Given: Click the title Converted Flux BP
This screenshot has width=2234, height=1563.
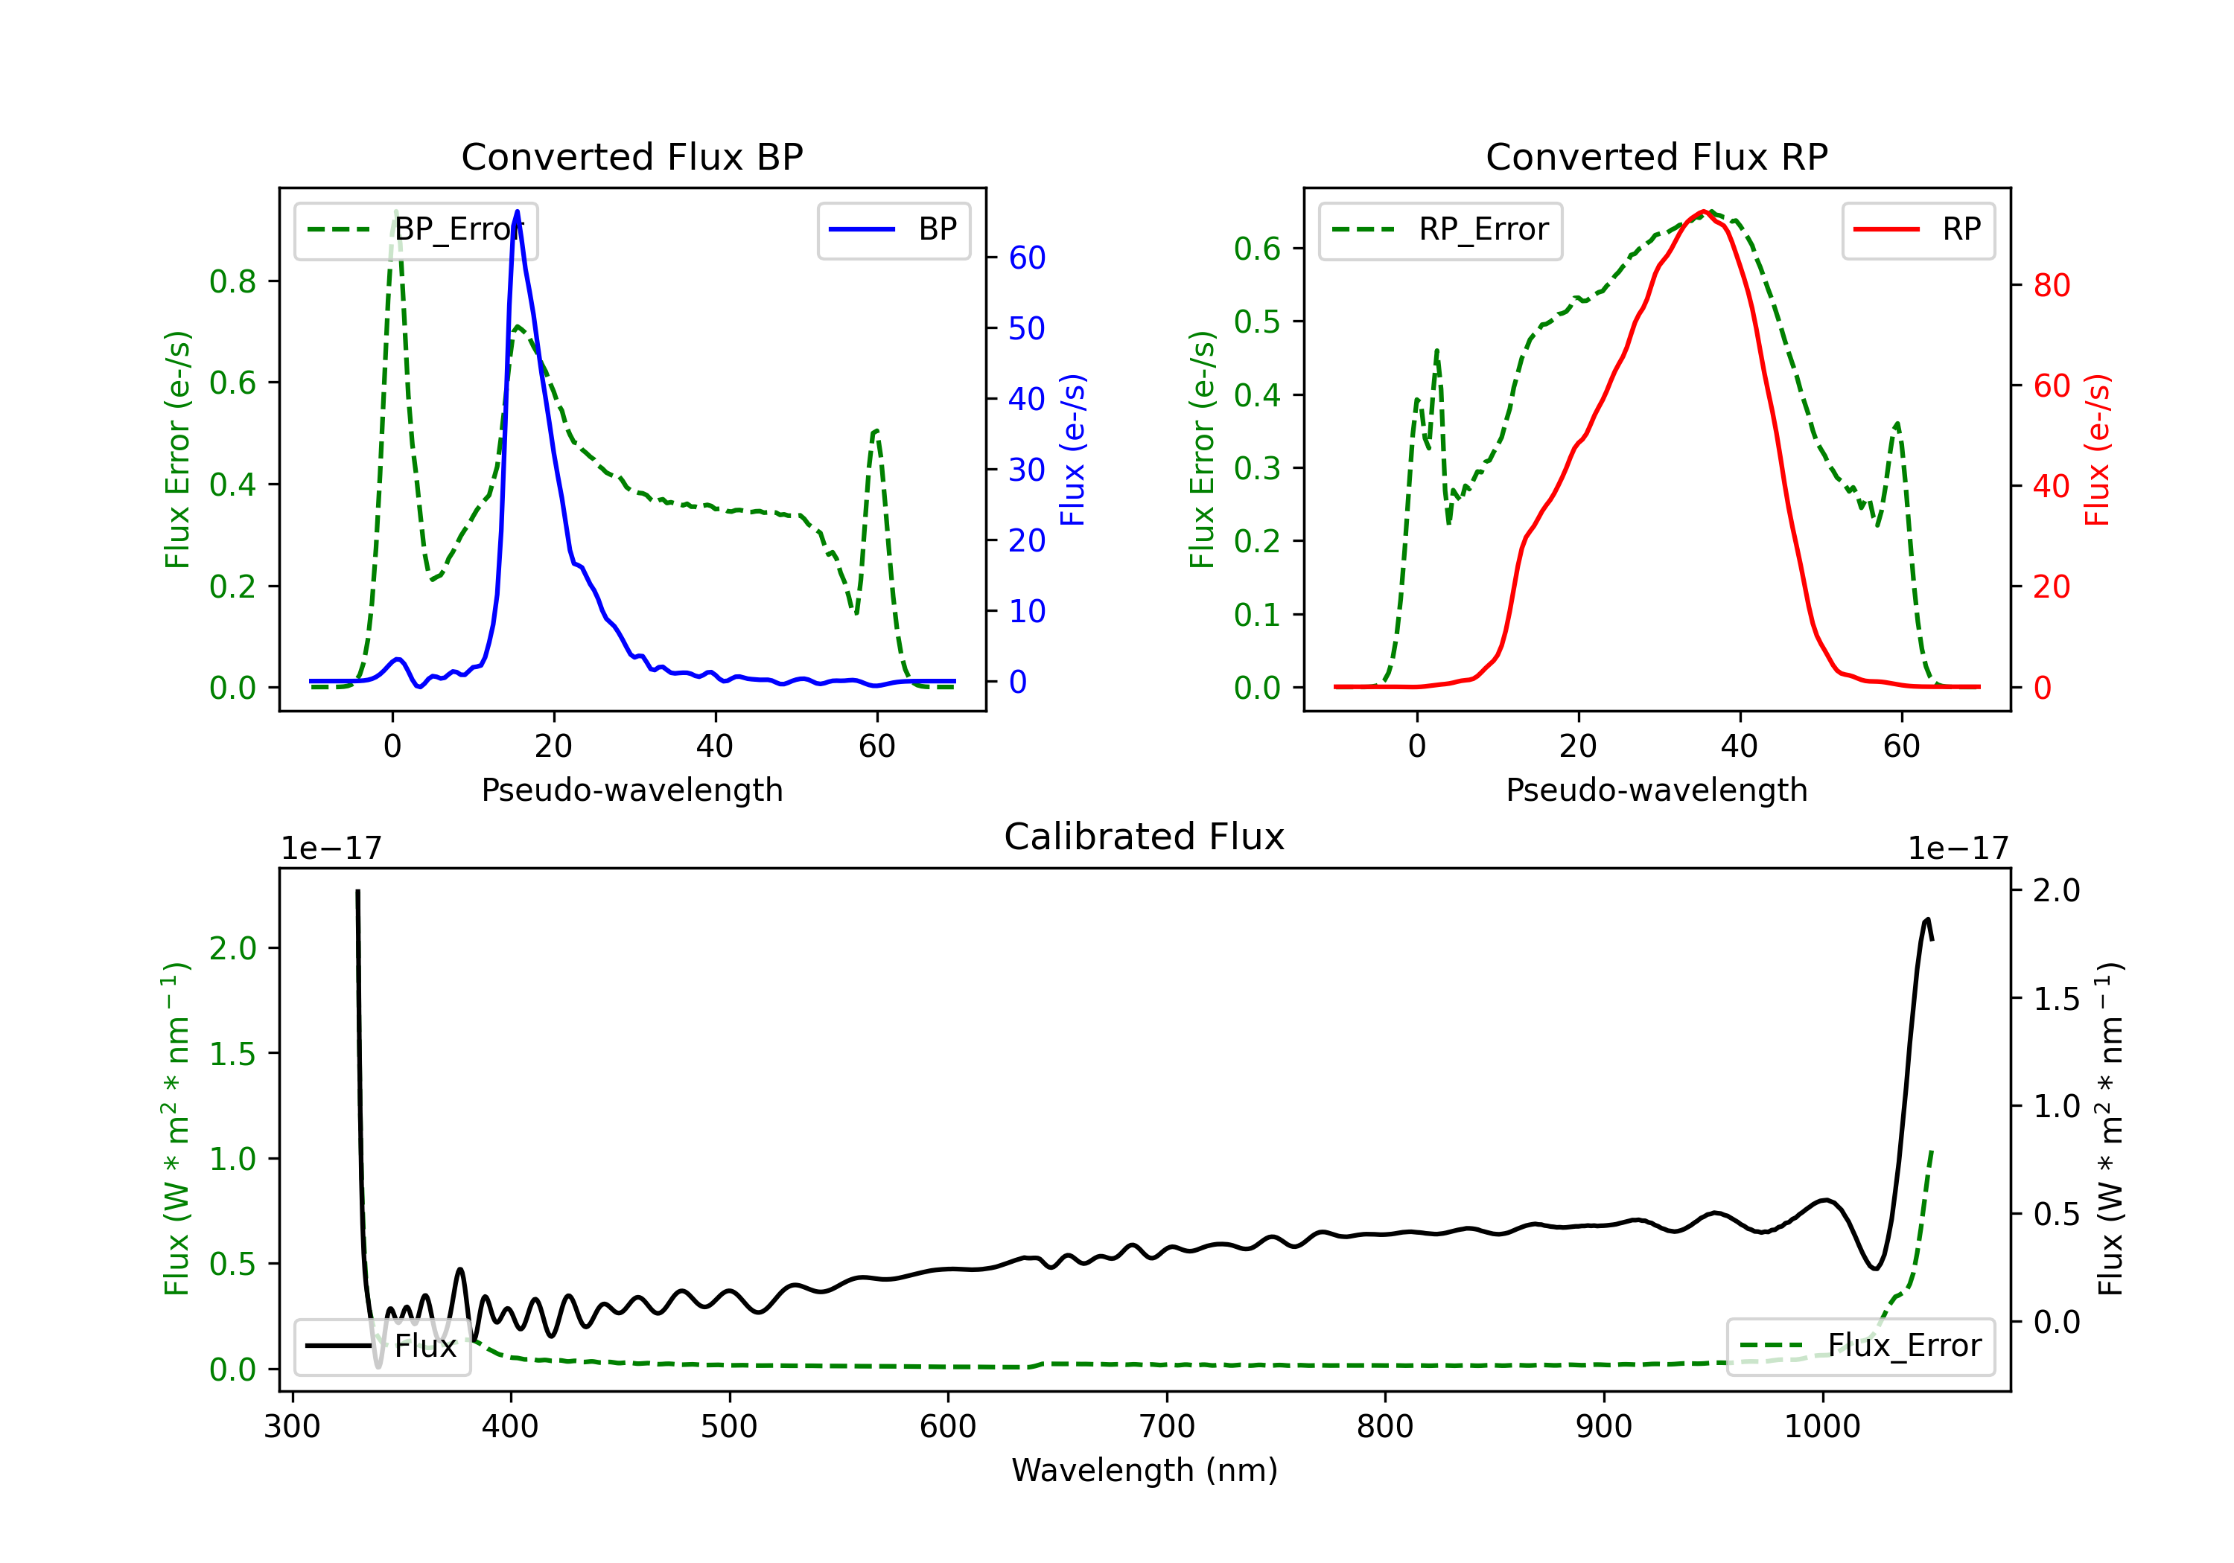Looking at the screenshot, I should (x=631, y=156).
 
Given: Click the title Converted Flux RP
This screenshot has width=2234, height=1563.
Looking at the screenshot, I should (x=1656, y=156).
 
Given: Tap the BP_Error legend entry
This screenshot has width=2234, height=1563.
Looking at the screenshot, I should (x=416, y=231).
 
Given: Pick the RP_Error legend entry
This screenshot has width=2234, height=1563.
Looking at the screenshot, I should (x=1440, y=231).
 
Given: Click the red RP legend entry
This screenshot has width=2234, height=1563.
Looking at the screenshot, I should (x=1918, y=231).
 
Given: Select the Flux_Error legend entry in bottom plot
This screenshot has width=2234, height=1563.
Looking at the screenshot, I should (x=1859, y=1346).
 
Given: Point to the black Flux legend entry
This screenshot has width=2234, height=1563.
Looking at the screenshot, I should (x=383, y=1346).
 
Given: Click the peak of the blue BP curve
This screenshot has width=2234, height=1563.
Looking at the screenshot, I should (x=517, y=211).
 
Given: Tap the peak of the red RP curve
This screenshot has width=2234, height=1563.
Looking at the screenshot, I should (x=1704, y=211).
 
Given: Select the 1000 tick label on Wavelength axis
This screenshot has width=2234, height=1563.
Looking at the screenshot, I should (x=1821, y=1427).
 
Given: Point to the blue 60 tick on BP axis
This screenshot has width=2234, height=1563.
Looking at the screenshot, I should (x=1026, y=258).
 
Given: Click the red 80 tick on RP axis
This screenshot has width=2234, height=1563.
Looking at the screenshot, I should (x=2051, y=286).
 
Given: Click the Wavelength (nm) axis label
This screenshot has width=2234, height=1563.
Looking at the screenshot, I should (x=1145, y=1470).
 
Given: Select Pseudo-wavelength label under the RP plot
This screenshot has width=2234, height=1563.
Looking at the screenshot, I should (x=1656, y=790).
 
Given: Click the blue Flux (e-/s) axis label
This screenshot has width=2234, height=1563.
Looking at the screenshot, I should (x=1072, y=450).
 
